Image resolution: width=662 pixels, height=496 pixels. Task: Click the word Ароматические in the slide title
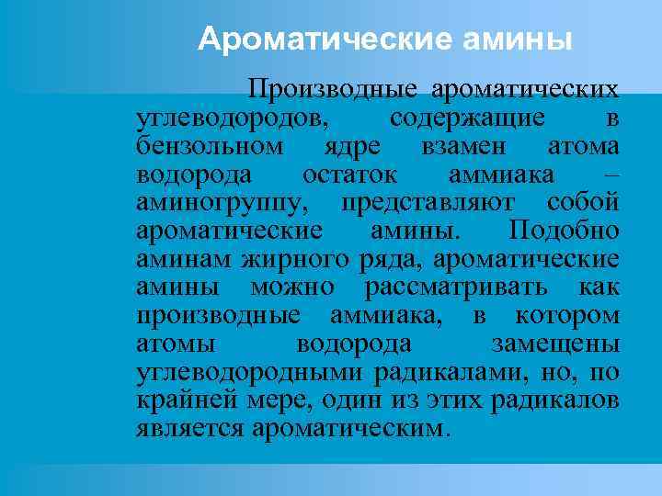click(292, 39)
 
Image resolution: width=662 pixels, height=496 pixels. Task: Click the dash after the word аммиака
click(613, 175)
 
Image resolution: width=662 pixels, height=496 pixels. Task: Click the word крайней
click(181, 400)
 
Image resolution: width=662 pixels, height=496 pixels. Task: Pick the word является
click(189, 429)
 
